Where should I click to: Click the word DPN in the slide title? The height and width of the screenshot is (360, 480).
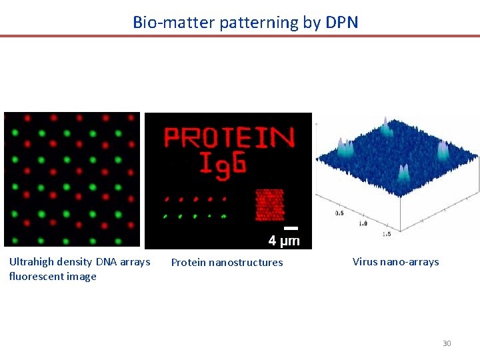341,22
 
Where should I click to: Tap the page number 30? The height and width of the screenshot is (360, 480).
447,343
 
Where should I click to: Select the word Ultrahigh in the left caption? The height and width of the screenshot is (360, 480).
31,262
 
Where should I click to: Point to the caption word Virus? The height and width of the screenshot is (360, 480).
365,262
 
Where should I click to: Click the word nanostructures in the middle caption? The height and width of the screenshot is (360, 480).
246,263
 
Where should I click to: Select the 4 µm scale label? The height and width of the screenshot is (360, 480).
283,241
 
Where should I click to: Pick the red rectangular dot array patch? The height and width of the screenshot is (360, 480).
269,205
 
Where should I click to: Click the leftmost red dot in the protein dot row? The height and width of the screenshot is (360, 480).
167,199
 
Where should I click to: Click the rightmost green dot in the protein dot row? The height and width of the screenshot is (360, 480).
224,216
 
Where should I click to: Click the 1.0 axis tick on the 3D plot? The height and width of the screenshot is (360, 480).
363,224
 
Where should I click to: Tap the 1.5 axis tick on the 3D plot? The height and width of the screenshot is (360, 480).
387,235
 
